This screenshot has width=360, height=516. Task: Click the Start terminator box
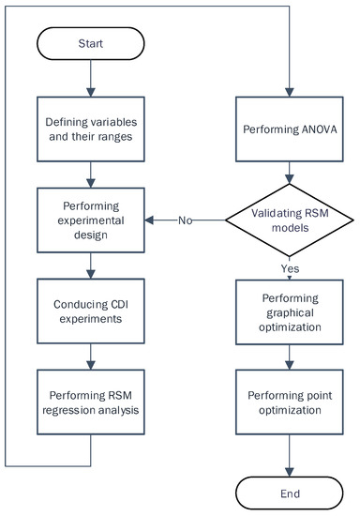click(x=92, y=43)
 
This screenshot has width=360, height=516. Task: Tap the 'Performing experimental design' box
click(x=92, y=220)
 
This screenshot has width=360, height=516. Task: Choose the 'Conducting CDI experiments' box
click(x=92, y=309)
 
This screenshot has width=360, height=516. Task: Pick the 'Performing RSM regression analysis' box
click(x=92, y=396)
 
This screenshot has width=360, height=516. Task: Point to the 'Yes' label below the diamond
click(x=290, y=269)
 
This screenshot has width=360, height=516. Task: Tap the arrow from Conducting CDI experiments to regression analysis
click(x=92, y=353)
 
